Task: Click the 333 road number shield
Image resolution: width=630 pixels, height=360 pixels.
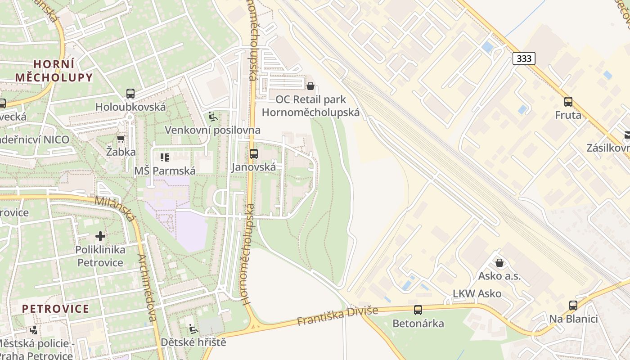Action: (524, 58)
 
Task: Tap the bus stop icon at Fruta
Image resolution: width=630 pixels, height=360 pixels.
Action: (568, 102)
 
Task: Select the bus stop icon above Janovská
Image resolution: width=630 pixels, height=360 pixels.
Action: (253, 154)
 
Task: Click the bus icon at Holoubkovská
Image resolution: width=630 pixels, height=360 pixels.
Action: (130, 94)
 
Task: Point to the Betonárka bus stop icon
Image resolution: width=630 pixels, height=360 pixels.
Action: (418, 310)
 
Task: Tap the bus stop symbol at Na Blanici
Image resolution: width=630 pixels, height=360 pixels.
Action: (573, 306)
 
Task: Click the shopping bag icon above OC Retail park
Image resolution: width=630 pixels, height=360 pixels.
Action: (310, 86)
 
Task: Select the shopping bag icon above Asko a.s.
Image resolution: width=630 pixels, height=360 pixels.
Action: (499, 263)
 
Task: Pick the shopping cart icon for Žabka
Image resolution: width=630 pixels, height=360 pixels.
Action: (121, 139)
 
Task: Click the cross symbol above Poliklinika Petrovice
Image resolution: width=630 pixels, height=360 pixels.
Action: (100, 236)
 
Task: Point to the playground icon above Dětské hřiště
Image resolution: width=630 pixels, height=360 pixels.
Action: (193, 329)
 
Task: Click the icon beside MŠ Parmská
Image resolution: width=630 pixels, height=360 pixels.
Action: (165, 157)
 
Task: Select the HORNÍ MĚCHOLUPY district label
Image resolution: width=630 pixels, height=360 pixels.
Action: (54, 71)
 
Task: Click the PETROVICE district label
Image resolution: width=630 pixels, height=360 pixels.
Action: (56, 309)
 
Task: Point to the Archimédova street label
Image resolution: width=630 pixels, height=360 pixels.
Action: (147, 288)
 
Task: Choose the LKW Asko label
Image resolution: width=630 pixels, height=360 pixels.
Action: (477, 294)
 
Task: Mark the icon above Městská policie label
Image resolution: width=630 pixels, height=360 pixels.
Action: (34, 330)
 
